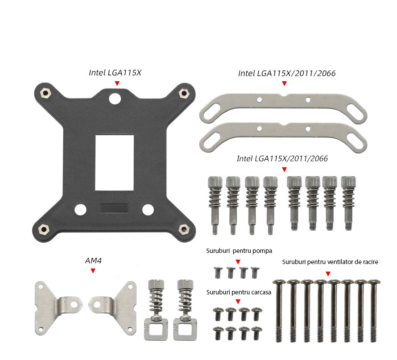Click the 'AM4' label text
93,261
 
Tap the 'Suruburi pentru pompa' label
239,251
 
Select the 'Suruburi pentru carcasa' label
239,292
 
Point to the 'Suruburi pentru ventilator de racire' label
330,262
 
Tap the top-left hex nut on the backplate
45,92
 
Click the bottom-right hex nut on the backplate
183,229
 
